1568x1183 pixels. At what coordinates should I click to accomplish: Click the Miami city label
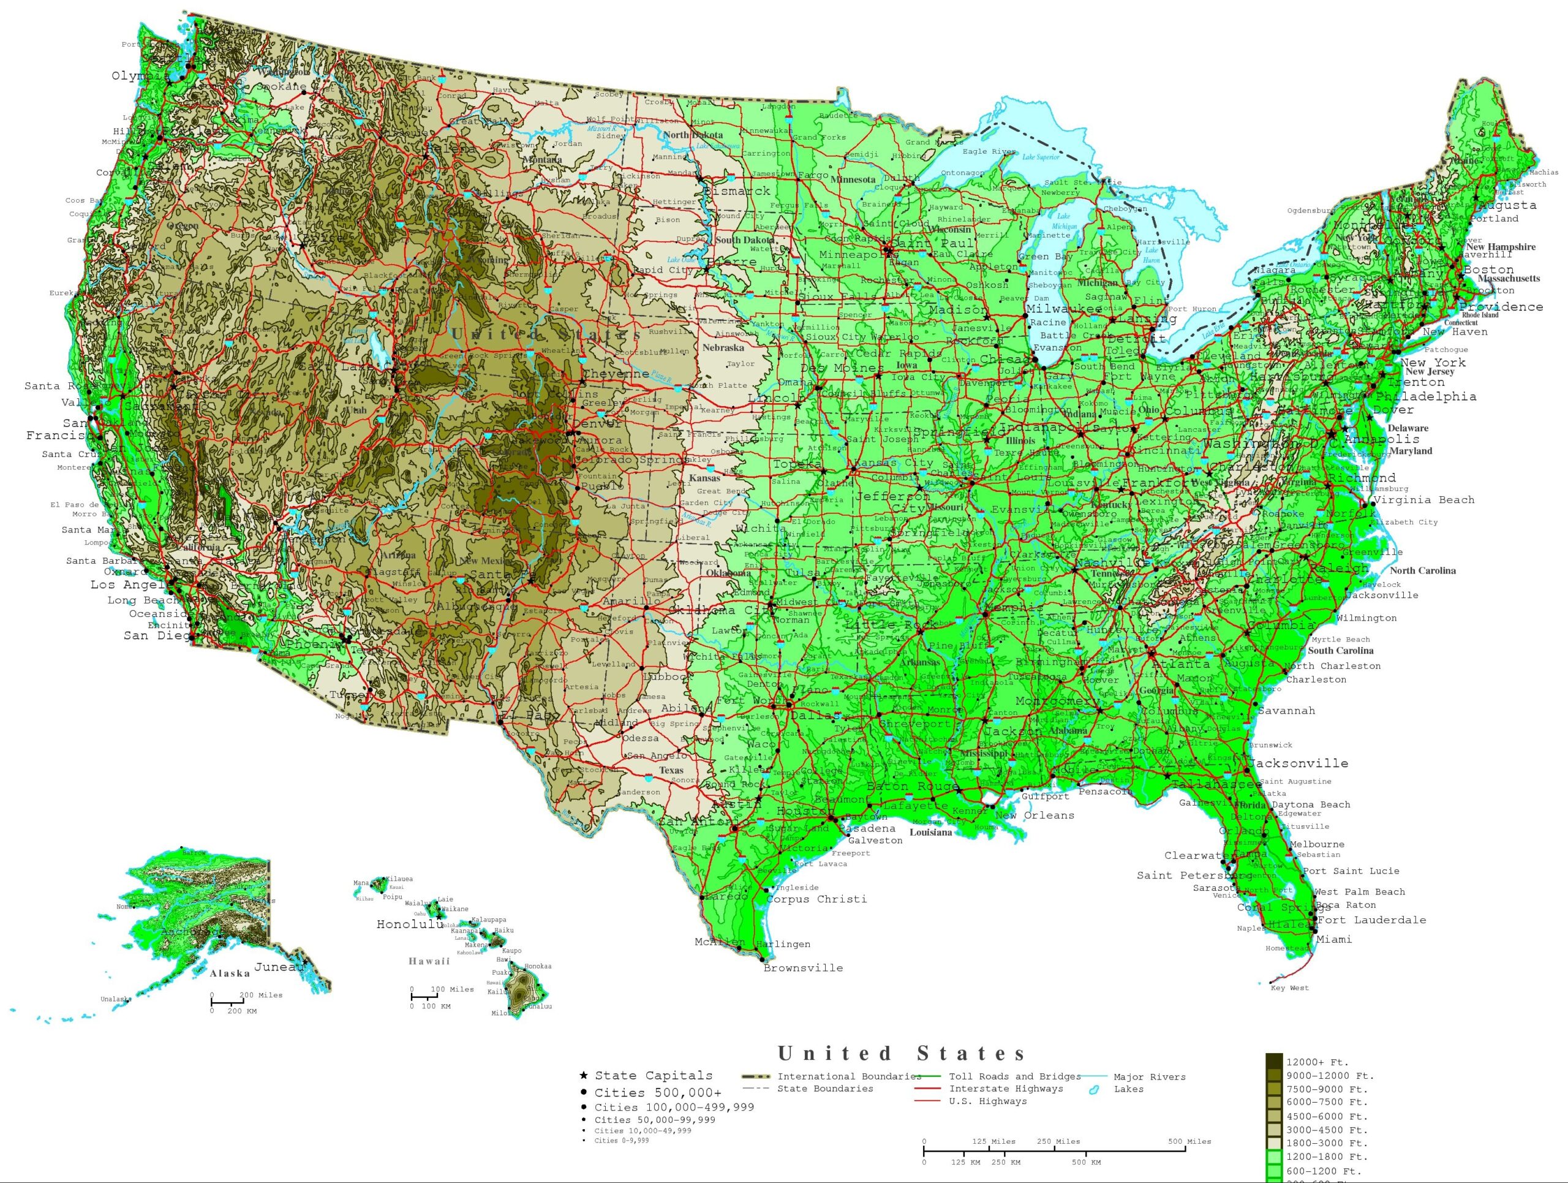coord(1333,939)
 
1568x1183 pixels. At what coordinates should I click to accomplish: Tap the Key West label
coord(1289,988)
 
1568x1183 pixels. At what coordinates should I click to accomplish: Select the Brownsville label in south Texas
coord(802,967)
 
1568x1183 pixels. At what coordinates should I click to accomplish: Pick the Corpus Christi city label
coord(816,899)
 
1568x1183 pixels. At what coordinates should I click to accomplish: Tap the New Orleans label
coord(1035,815)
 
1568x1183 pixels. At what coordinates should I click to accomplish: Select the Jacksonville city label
coord(1298,763)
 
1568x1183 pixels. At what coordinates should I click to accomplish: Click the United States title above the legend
coord(901,1053)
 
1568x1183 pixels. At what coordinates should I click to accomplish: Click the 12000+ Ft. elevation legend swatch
coord(1274,1062)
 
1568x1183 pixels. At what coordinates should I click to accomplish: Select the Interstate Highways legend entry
coord(1005,1088)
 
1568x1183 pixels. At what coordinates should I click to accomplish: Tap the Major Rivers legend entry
coord(1148,1076)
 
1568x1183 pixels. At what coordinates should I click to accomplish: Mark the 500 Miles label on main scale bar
coord(1189,1141)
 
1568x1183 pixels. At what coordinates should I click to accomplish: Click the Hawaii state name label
coord(429,961)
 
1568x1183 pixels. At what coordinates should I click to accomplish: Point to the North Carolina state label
coord(1422,570)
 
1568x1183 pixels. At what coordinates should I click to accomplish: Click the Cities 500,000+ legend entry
coord(657,1092)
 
